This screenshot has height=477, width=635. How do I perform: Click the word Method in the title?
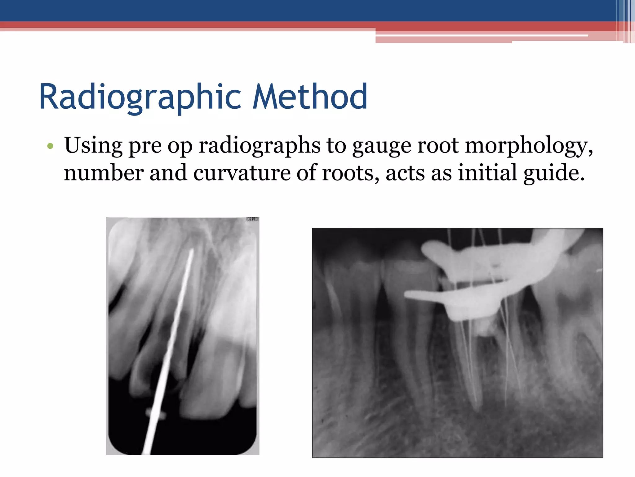(x=310, y=97)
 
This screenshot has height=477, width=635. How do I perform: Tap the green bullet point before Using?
(x=51, y=146)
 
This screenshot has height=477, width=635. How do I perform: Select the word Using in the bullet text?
(x=93, y=145)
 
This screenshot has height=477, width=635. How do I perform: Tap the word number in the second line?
(x=104, y=173)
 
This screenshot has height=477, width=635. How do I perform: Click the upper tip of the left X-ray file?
(x=191, y=250)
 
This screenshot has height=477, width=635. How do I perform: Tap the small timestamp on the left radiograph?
(x=252, y=220)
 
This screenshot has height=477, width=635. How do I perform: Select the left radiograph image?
(x=182, y=336)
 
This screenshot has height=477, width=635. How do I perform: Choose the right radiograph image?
(x=457, y=343)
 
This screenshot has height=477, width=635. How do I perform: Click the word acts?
(x=405, y=173)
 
